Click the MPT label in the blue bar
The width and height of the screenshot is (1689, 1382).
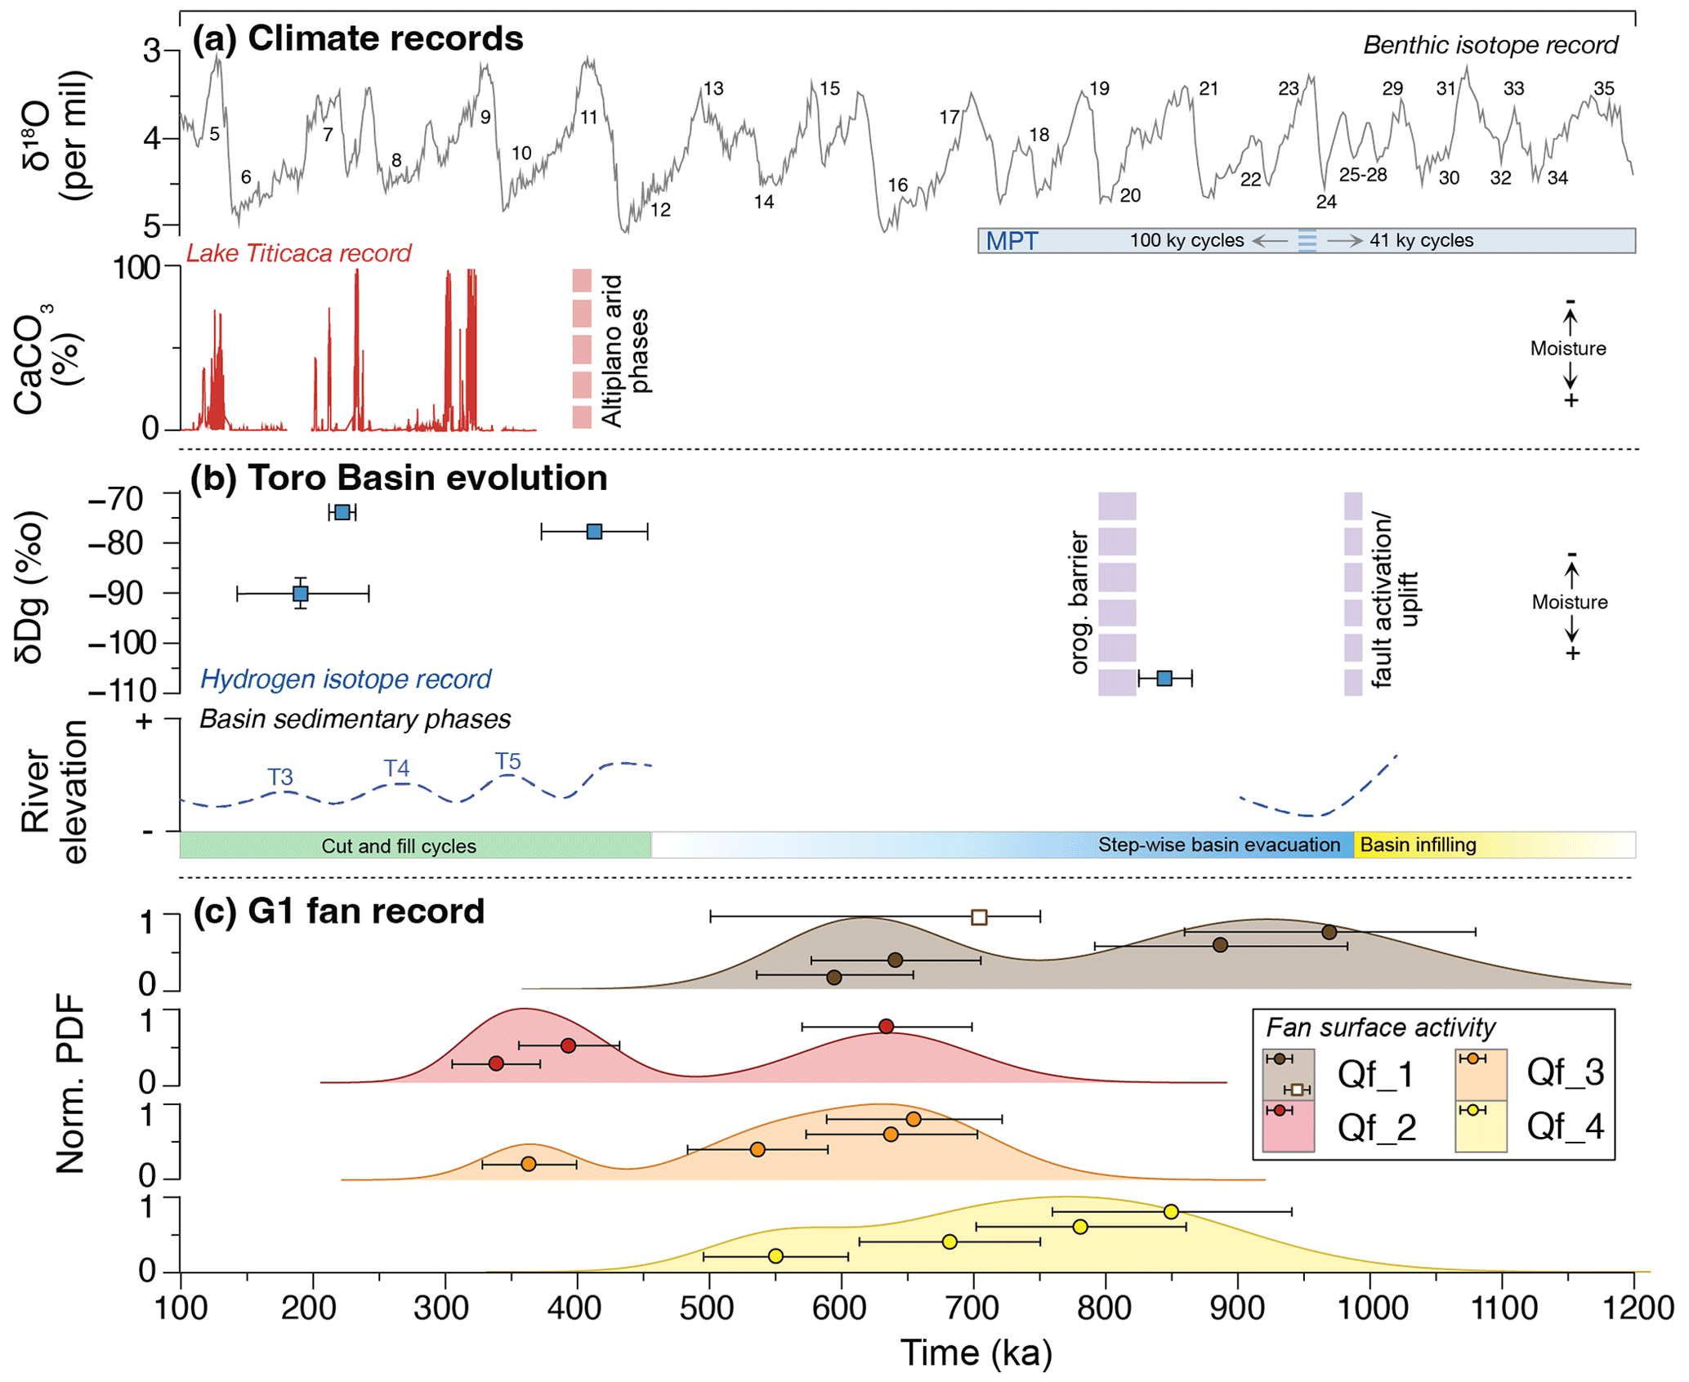[x=1012, y=241]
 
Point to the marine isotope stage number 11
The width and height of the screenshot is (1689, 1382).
[x=589, y=118]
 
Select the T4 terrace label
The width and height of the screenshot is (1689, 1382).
[x=396, y=768]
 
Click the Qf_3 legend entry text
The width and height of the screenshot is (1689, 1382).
[x=1565, y=1072]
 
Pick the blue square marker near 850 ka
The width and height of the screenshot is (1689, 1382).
[x=1165, y=678]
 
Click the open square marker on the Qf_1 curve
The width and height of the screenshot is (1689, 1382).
[x=979, y=917]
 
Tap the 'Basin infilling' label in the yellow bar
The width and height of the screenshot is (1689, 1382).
[x=1418, y=845]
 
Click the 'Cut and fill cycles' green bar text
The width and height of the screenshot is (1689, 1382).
[x=399, y=846]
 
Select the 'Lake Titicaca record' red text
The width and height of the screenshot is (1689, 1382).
[x=298, y=253]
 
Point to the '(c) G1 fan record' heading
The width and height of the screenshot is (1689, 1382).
[x=338, y=911]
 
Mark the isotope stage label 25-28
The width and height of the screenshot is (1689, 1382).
[x=1362, y=175]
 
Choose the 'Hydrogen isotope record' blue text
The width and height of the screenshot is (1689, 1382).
[x=346, y=679]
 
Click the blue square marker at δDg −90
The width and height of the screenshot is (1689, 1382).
[x=301, y=594]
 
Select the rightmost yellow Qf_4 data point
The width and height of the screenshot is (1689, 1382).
[x=1171, y=1211]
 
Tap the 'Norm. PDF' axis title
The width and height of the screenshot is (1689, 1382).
[x=70, y=1083]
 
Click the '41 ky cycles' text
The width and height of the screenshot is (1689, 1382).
[x=1421, y=241]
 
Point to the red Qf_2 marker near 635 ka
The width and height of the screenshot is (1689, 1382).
[x=886, y=1026]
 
